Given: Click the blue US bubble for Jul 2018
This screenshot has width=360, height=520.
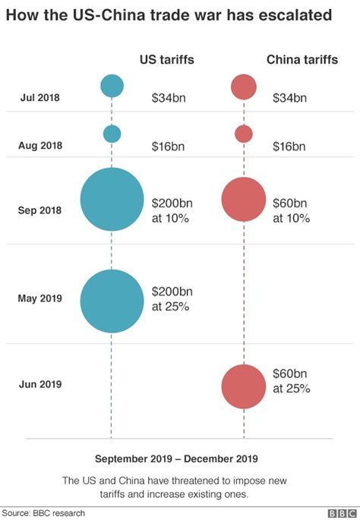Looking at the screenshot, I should coord(112,86).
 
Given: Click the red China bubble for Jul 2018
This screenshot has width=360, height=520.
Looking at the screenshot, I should coord(244,87).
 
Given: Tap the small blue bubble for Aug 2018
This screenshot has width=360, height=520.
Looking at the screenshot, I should coord(112,134).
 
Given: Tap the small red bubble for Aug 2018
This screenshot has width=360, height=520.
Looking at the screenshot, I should coord(244,134).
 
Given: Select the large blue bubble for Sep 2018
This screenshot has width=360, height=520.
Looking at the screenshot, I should coord(112,200).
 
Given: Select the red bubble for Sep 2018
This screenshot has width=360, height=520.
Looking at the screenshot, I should coord(244,200).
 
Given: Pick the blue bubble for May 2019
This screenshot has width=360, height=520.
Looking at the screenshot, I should coord(112,301).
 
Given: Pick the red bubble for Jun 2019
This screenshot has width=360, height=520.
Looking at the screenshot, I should coord(244,386).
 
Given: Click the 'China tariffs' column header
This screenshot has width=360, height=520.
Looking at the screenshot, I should coord(302,61).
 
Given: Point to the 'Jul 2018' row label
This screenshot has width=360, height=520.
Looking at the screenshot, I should coord(39,97).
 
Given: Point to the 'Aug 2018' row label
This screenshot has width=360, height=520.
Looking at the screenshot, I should coord(39,145).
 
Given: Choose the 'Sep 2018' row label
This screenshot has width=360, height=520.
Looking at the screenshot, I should coord(39,210).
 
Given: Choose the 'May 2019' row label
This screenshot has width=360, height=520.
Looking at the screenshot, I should coord(39,298).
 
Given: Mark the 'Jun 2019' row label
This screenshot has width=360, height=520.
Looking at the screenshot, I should coord(39,385).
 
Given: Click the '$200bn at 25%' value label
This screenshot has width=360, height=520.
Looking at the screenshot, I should coord(170,299).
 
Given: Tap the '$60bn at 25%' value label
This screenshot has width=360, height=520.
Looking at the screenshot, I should coord(292,380).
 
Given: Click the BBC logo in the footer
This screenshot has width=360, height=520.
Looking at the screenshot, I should coord(341,513).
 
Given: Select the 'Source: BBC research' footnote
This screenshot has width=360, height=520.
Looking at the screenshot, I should coord(43,513).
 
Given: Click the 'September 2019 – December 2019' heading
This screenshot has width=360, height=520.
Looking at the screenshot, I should coord(176,459).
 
